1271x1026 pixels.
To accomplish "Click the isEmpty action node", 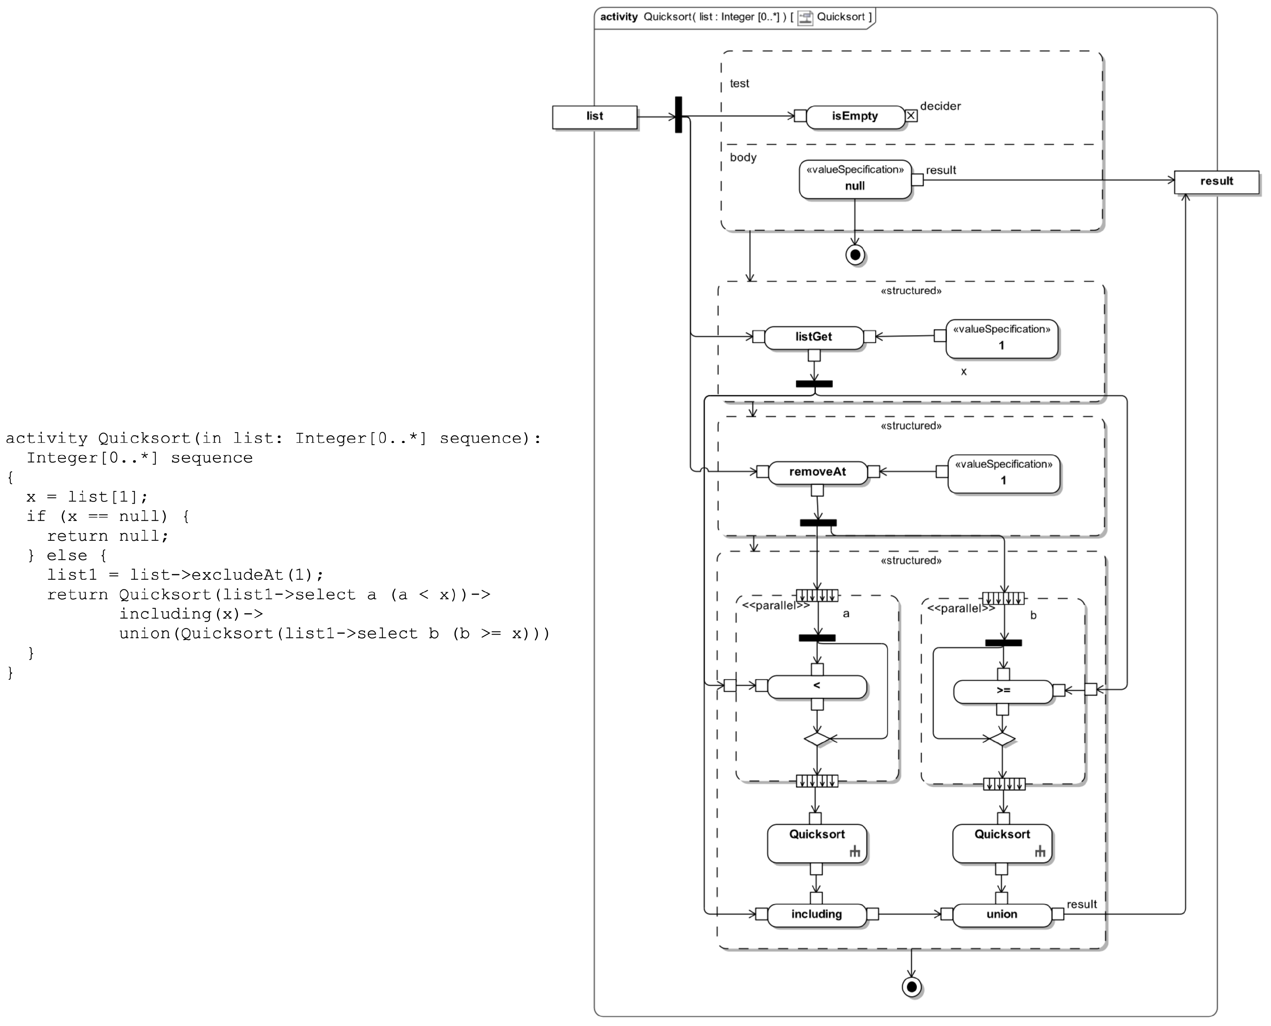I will [x=854, y=116].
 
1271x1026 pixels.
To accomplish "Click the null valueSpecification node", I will [x=855, y=180].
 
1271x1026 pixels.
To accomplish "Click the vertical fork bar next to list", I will [x=678, y=115].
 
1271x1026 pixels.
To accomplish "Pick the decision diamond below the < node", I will [x=817, y=739].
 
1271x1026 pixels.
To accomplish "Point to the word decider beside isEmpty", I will [x=940, y=106].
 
